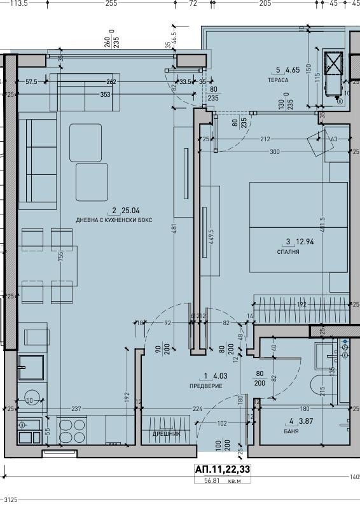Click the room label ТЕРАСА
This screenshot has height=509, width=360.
pyautogui.click(x=278, y=80)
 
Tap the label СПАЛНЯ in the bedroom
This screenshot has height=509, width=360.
pyautogui.click(x=287, y=252)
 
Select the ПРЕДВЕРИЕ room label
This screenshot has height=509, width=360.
pyautogui.click(x=205, y=386)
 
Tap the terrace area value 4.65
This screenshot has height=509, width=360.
pyautogui.click(x=293, y=71)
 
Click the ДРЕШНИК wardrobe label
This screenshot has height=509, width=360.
pyautogui.click(x=166, y=434)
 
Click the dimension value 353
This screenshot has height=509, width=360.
pyautogui.click(x=105, y=95)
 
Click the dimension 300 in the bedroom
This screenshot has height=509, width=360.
pyautogui.click(x=274, y=152)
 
